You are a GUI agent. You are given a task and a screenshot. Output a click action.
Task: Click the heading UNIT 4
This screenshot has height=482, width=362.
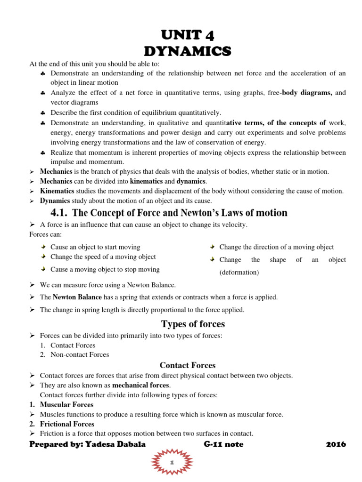click(x=187, y=35)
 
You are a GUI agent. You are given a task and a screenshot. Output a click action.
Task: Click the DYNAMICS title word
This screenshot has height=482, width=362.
click(x=187, y=50)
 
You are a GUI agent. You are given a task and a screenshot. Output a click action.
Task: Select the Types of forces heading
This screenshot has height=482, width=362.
click(x=193, y=324)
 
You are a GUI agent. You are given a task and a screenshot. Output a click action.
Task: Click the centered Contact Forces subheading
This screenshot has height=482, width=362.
click(x=188, y=365)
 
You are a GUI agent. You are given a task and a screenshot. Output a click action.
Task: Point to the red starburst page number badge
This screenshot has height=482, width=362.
click(x=173, y=463)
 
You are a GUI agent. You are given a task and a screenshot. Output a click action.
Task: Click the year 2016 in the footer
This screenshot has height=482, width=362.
click(x=336, y=444)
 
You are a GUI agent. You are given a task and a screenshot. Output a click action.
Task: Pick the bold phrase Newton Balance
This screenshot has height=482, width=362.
click(x=74, y=297)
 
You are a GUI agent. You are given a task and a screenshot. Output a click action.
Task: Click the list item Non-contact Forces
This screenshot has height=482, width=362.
click(x=80, y=354)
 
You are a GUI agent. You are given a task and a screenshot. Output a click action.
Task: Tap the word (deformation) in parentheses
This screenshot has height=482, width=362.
click(x=239, y=272)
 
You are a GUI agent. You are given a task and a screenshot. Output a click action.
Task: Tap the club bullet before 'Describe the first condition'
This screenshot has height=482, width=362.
click(x=43, y=113)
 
